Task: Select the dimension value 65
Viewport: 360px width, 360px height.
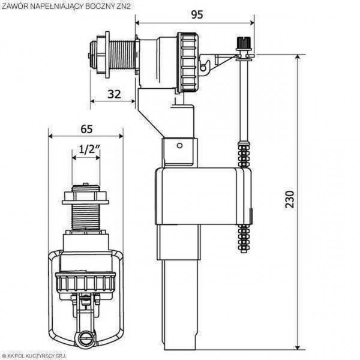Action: coord(86,128)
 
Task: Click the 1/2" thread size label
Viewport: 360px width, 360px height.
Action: coord(86,149)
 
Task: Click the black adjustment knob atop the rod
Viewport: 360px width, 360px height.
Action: coord(244,44)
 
